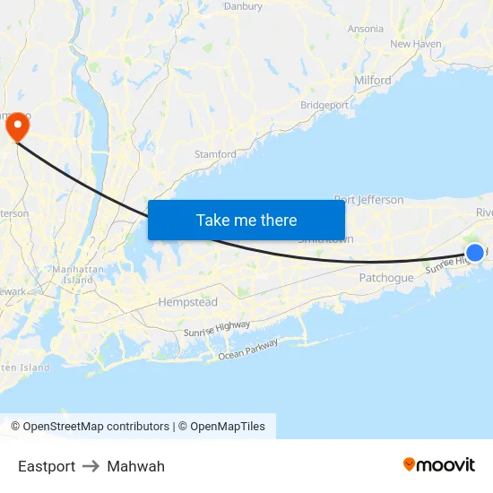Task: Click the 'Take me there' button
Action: click(x=246, y=220)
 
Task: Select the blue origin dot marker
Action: click(x=475, y=254)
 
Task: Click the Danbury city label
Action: click(x=243, y=6)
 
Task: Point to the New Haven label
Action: click(x=415, y=43)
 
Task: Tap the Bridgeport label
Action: click(x=324, y=105)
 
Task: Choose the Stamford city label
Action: click(x=215, y=154)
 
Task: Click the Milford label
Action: click(x=373, y=80)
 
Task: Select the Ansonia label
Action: click(x=365, y=29)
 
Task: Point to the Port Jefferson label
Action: click(x=368, y=200)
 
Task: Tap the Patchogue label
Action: click(x=386, y=278)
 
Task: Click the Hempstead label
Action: click(x=187, y=302)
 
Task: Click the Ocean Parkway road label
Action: click(x=248, y=350)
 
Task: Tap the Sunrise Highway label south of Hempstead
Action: click(x=217, y=329)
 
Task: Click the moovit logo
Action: click(x=438, y=464)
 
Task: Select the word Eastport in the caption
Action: click(x=47, y=466)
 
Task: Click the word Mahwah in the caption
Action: click(x=135, y=466)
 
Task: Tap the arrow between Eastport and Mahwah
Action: click(x=91, y=466)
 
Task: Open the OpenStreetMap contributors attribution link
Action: click(x=96, y=427)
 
